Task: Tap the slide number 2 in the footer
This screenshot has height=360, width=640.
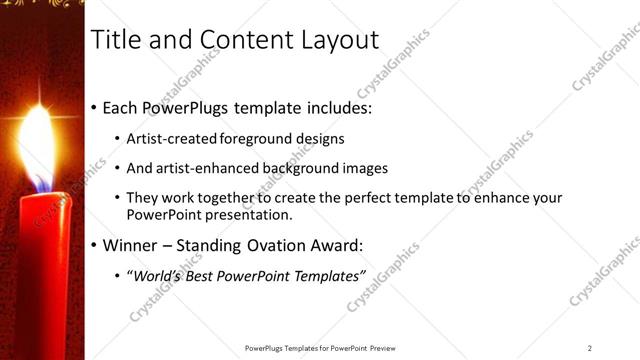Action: [590, 348]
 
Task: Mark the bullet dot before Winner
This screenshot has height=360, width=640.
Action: [95, 245]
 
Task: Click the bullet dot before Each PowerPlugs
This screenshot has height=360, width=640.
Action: [95, 106]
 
